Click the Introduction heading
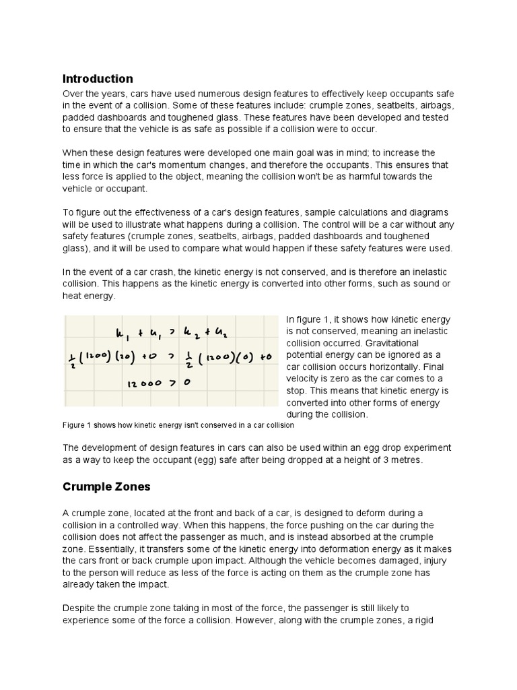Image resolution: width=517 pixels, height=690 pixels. (98, 79)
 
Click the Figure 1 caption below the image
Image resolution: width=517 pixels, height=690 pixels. (178, 426)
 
